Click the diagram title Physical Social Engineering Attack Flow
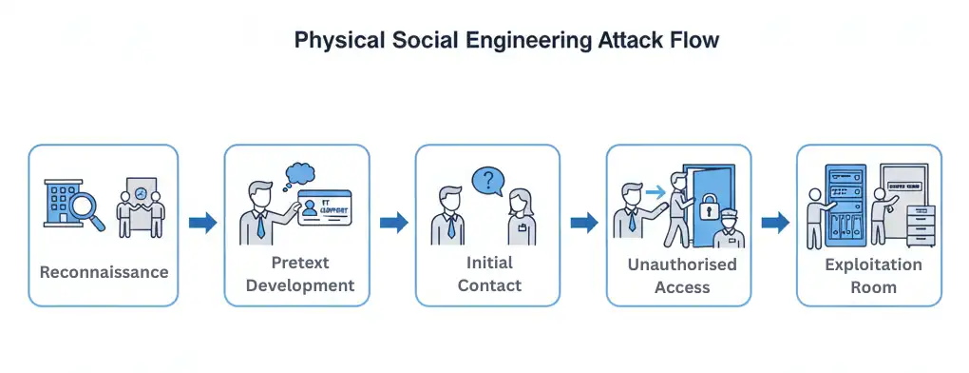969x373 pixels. coord(506,41)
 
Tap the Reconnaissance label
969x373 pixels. coord(104,272)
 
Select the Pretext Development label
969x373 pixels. coord(296,272)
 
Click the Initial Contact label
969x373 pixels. coord(488,273)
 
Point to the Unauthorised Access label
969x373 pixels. coord(680,275)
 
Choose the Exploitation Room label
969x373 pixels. coord(872,275)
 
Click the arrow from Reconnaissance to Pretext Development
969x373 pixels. coord(202,223)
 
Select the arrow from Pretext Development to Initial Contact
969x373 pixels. coord(394,223)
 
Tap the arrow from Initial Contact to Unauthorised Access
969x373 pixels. coord(584,223)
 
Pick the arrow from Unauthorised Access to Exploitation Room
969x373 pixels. coord(775,223)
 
